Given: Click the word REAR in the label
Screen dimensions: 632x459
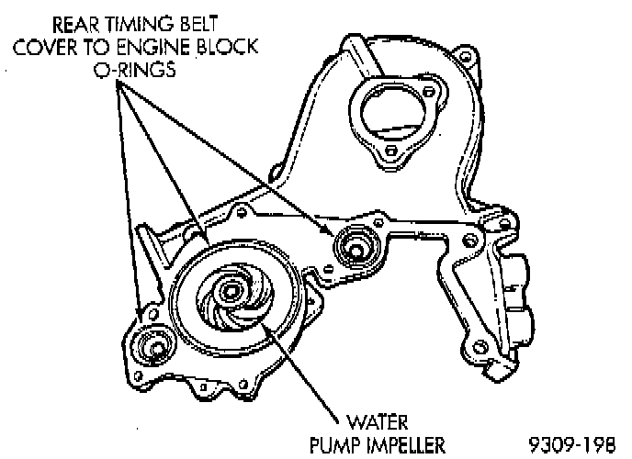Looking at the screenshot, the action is click(80, 17).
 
